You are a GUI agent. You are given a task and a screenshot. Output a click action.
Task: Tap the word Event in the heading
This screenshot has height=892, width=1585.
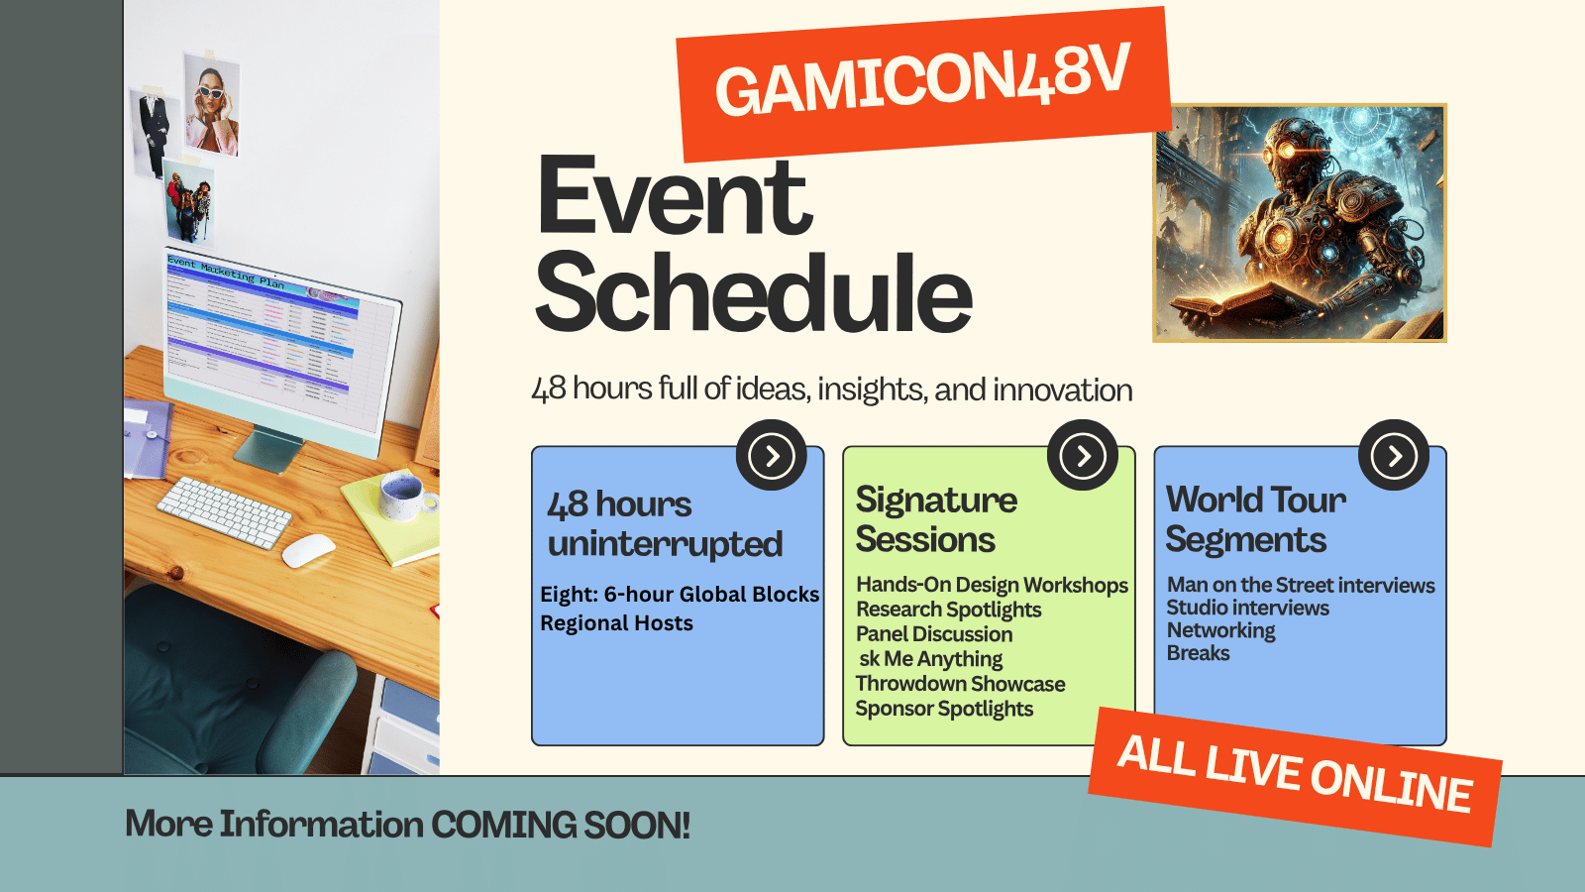674,196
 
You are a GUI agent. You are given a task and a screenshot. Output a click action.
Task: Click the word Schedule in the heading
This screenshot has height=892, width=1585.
753,293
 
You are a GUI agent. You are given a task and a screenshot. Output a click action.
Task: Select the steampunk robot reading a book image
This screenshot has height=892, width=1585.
1299,223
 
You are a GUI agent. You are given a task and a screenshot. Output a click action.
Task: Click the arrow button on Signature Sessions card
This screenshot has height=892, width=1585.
1082,455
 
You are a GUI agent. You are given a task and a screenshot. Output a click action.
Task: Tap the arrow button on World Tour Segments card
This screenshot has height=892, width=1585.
1393,455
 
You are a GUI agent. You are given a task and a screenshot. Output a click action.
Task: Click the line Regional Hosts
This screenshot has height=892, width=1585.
616,623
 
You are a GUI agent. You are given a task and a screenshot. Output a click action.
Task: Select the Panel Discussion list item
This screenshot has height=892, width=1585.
934,634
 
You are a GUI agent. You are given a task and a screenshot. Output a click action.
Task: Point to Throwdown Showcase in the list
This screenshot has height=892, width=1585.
960,684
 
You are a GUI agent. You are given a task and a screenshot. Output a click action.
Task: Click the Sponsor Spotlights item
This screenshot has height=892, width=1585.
944,709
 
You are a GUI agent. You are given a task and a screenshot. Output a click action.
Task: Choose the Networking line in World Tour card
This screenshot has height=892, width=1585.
1220,630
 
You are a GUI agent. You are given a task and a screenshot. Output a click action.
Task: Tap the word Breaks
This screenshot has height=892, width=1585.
1198,653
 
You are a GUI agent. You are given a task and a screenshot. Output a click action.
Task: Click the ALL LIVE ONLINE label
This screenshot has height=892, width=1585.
1294,775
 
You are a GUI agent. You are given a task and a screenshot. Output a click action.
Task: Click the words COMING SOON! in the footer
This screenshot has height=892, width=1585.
560,825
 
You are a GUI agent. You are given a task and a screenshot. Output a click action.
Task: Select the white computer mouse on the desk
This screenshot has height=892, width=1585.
308,550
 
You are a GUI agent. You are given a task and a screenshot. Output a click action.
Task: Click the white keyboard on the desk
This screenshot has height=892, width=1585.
224,510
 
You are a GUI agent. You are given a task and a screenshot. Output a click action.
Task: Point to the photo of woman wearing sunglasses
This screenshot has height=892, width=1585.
212,104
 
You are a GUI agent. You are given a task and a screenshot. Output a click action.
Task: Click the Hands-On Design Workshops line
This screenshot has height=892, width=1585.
992,585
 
